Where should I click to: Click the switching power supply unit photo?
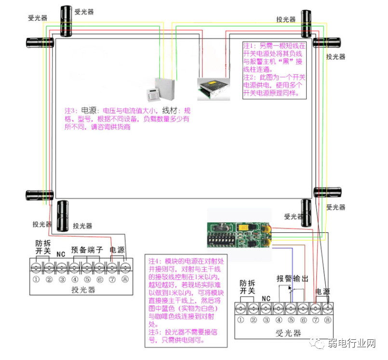pos(214,89)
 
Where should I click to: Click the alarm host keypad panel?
pos(153,95)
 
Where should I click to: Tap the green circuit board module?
pos(239,235)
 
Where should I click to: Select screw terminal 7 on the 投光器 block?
pos(112,267)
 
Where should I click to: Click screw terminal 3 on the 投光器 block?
pos(61,267)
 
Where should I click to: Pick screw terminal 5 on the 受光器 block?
pos(291,308)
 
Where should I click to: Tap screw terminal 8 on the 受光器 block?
pos(328,308)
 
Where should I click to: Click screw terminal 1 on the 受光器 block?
pos(241,308)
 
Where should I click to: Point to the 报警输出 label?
pos(292,279)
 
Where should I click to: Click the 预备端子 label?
pos(87,250)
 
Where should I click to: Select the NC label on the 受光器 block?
pos(266,299)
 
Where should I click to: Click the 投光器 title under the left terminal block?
pos(83,290)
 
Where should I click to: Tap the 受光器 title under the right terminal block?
pos(288,333)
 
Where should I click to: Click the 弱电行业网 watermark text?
pos(352,343)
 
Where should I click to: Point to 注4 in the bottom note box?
pos(155,261)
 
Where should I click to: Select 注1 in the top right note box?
pos(250,46)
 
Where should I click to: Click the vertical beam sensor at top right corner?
pos(306,24)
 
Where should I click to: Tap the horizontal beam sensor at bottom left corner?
pos(40,195)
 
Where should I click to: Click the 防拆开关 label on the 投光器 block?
pos(43,247)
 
